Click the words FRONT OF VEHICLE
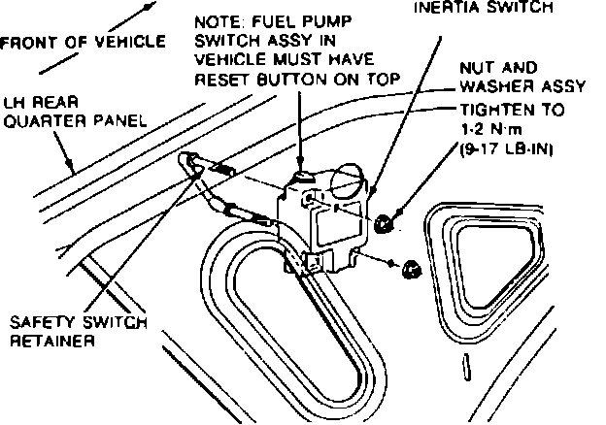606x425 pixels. pyautogui.click(x=83, y=43)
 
